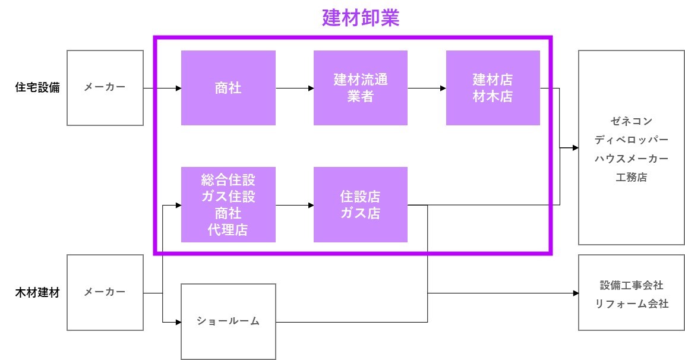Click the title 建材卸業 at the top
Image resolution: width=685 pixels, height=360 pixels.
pyautogui.click(x=361, y=18)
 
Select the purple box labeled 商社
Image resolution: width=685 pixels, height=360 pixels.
pyautogui.click(x=228, y=88)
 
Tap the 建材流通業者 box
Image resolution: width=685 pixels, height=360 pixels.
pyautogui.click(x=361, y=88)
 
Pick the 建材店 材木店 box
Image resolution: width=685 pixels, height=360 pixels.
pyautogui.click(x=493, y=88)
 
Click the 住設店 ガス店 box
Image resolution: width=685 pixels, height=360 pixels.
pyautogui.click(x=361, y=204)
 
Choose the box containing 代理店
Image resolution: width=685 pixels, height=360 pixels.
pyautogui.click(x=228, y=204)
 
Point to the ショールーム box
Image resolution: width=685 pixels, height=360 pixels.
pyautogui.click(x=228, y=321)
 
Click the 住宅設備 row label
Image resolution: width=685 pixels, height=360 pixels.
pyautogui.click(x=37, y=88)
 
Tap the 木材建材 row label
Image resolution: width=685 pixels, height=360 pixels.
pyautogui.click(x=37, y=293)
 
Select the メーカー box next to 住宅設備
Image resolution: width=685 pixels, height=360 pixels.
pyautogui.click(x=105, y=88)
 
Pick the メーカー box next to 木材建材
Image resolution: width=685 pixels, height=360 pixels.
pyautogui.click(x=105, y=293)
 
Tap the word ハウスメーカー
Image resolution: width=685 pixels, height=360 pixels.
pyautogui.click(x=632, y=159)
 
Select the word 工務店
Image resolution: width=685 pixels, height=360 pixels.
pyautogui.click(x=632, y=177)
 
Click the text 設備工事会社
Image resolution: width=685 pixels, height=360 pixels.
pyautogui.click(x=632, y=285)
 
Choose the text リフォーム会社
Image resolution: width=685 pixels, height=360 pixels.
pyautogui.click(x=632, y=304)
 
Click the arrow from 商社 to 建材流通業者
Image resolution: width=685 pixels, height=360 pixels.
pyautogui.click(x=295, y=89)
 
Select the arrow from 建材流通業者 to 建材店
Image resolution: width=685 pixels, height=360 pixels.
pyautogui.click(x=427, y=89)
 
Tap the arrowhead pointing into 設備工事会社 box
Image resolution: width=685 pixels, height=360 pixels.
pyautogui.click(x=575, y=293)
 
